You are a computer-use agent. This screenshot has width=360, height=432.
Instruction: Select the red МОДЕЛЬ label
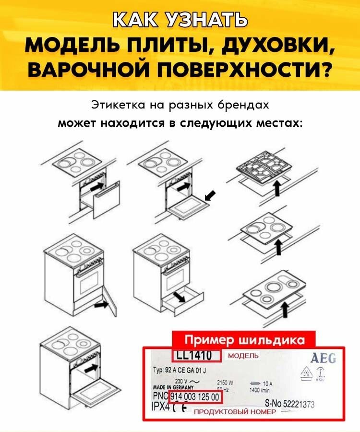(x=243, y=356)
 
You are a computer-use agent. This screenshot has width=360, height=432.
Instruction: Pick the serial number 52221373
(x=298, y=405)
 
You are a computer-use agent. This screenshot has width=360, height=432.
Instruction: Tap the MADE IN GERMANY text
(x=173, y=387)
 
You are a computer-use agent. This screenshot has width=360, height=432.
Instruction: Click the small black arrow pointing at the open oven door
(x=210, y=195)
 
